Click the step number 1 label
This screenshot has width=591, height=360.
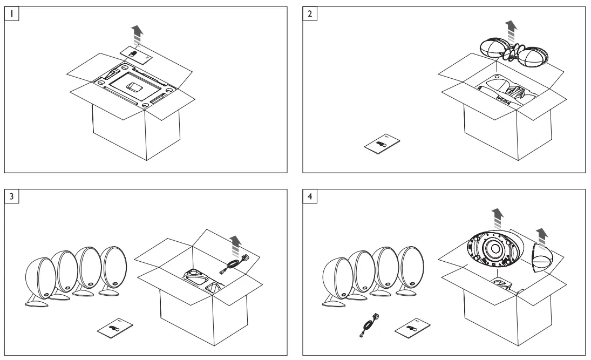point(12,14)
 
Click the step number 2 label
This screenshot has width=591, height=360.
point(309,14)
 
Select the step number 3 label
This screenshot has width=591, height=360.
point(12,196)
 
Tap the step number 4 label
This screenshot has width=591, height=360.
point(309,196)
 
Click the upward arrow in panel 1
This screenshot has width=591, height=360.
point(139,36)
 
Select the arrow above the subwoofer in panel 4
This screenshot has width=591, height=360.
point(497,218)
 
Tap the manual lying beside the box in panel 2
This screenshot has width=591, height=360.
point(381,145)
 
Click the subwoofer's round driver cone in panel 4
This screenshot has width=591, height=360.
point(496,249)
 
